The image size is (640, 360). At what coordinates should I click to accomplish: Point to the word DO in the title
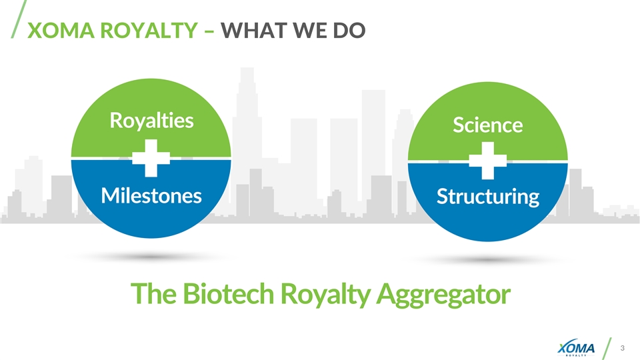pos(351,31)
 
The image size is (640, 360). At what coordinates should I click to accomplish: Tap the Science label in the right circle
pos(487,125)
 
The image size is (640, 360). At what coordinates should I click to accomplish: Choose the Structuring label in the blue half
pos(487,197)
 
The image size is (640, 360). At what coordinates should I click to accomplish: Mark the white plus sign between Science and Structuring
pos(487,161)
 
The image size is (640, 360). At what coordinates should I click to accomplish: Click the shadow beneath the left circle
pos(151,256)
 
